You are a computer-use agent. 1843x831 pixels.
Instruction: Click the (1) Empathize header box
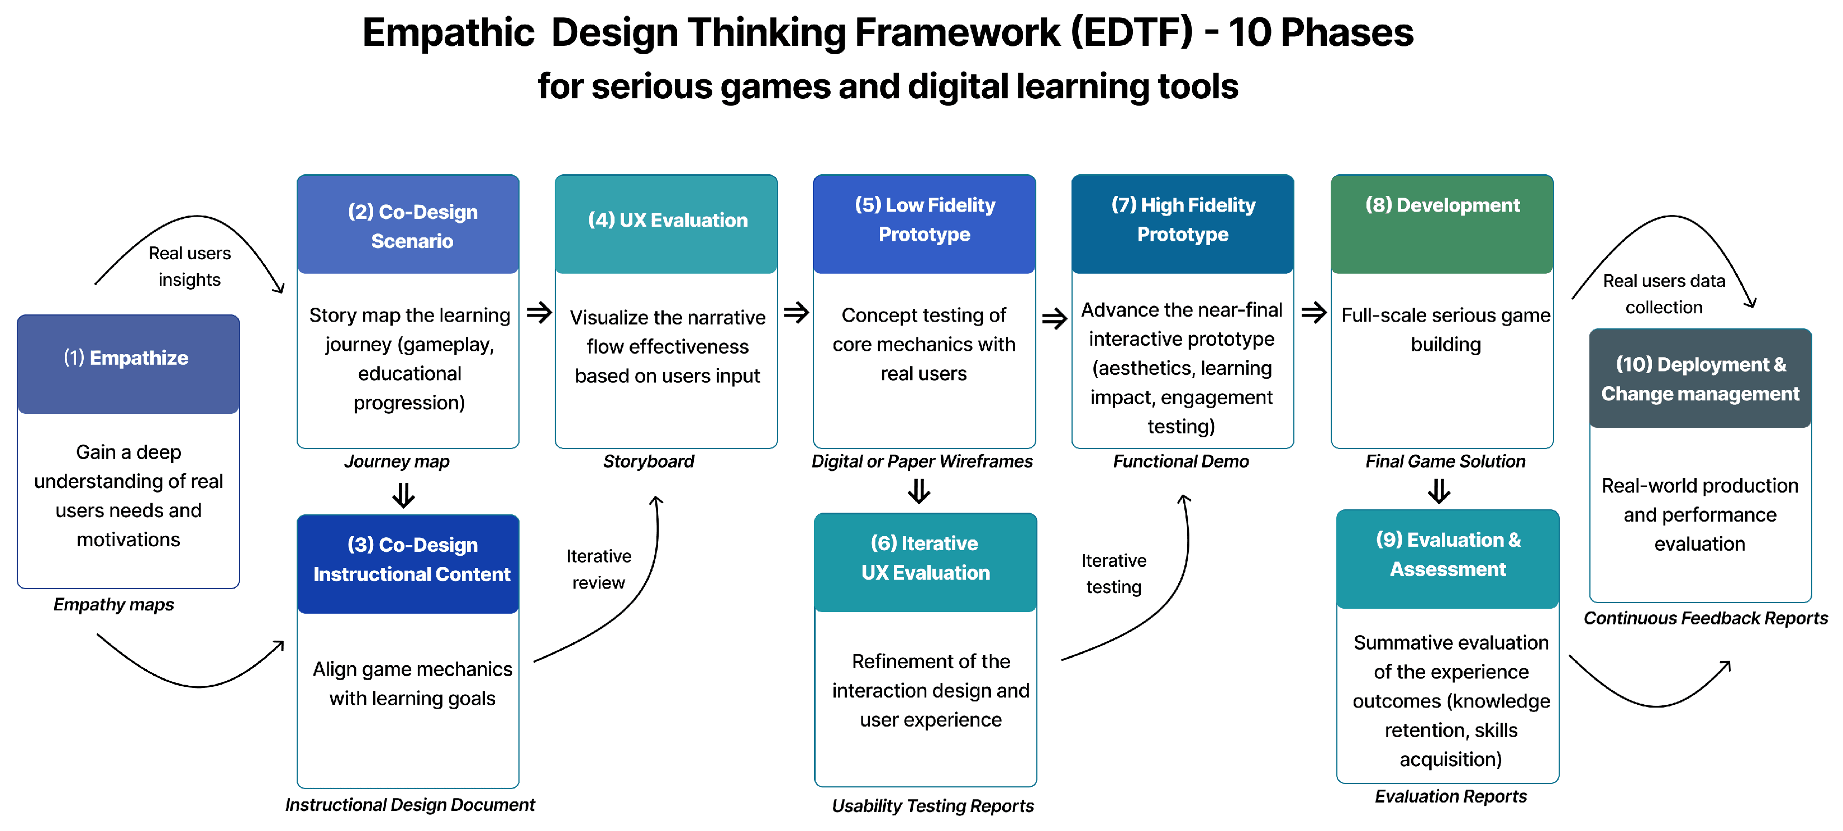pos(128,364)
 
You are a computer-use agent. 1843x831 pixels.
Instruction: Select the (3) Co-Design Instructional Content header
pos(408,563)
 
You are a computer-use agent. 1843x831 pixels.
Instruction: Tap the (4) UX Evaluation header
pos(666,224)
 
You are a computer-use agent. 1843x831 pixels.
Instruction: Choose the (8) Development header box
pos(1442,224)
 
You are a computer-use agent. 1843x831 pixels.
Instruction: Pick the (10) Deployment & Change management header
pos(1700,378)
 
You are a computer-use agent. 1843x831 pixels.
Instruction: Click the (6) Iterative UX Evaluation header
pos(925,562)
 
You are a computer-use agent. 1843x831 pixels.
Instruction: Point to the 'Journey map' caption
pos(397,462)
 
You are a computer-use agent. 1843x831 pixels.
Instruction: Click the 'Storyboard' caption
pos(648,461)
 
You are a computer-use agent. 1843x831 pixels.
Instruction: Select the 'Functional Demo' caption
pos(1180,461)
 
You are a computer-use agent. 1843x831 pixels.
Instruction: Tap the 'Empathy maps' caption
pos(114,605)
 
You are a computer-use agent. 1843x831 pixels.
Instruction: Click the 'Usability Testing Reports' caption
pos(932,806)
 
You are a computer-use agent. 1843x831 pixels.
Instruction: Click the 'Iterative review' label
pos(599,569)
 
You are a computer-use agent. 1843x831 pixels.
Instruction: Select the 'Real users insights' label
pos(189,266)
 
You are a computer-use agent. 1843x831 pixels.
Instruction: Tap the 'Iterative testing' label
pos(1114,574)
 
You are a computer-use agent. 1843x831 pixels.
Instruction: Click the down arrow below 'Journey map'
pos(403,495)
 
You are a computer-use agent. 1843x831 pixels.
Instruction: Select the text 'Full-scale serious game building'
pos(1446,329)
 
